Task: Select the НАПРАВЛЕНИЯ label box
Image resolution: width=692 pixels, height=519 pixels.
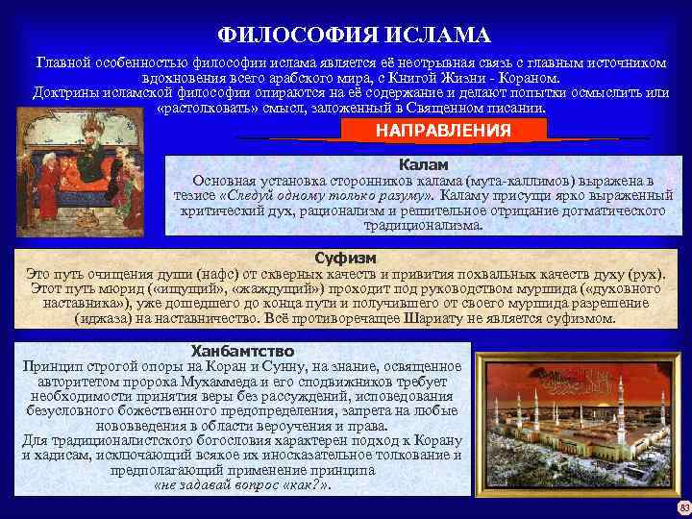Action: (x=443, y=130)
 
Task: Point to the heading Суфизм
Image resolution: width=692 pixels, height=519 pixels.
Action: (x=345, y=259)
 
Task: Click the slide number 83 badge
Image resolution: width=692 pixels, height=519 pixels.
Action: (x=683, y=507)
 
